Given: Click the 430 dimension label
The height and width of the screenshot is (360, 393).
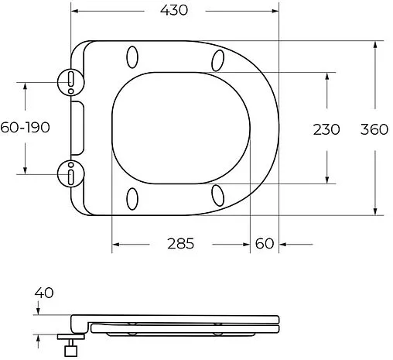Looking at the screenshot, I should coord(176,10).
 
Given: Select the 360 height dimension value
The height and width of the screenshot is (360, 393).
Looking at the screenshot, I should coord(374,129).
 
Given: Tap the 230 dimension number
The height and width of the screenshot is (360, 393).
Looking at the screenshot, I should coord(326,129).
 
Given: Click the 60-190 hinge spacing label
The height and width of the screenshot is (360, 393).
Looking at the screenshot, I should coord(25,128).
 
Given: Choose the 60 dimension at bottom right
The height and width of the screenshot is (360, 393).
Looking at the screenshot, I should coord(264,243).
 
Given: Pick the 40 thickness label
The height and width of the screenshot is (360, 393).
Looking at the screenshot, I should coord(44,293).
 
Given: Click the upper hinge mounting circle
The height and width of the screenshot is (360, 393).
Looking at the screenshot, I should coord(70,79).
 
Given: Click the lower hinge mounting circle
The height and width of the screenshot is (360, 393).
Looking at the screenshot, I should coord(70,173).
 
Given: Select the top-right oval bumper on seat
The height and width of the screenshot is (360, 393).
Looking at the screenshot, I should coord(218,60).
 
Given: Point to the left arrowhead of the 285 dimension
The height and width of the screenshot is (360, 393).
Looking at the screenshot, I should coord(116,244).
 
